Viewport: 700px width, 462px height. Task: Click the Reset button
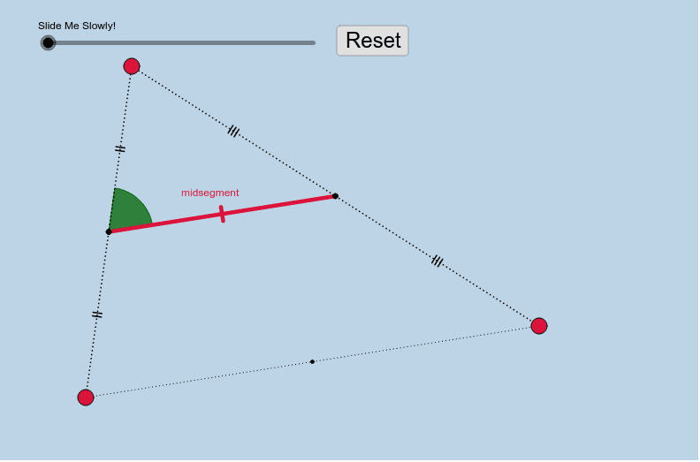pyautogui.click(x=372, y=41)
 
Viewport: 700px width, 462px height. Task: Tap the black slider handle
pyautogui.click(x=48, y=43)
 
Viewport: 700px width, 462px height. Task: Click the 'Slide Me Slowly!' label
pyautogui.click(x=77, y=26)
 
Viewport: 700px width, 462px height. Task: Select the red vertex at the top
pyautogui.click(x=132, y=66)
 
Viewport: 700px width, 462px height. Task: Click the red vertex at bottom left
pyautogui.click(x=86, y=398)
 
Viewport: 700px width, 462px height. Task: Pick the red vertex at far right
pyautogui.click(x=539, y=326)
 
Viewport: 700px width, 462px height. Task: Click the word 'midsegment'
pyautogui.click(x=209, y=193)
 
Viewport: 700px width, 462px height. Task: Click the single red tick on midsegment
pyautogui.click(x=222, y=214)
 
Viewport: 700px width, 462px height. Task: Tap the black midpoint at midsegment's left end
pyautogui.click(x=109, y=231)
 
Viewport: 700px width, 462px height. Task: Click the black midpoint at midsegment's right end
pyautogui.click(x=335, y=196)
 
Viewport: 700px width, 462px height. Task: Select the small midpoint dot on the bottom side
pyautogui.click(x=312, y=361)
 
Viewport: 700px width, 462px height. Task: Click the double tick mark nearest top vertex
pyautogui.click(x=120, y=148)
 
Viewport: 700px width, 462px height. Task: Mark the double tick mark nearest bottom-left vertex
pyautogui.click(x=97, y=314)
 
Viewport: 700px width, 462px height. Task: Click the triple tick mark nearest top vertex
pyautogui.click(x=233, y=132)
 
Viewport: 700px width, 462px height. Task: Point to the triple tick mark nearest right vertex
pyautogui.click(x=437, y=261)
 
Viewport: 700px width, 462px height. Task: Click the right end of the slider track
pyautogui.click(x=315, y=43)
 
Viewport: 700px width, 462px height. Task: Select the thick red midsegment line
pyautogui.click(x=222, y=214)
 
